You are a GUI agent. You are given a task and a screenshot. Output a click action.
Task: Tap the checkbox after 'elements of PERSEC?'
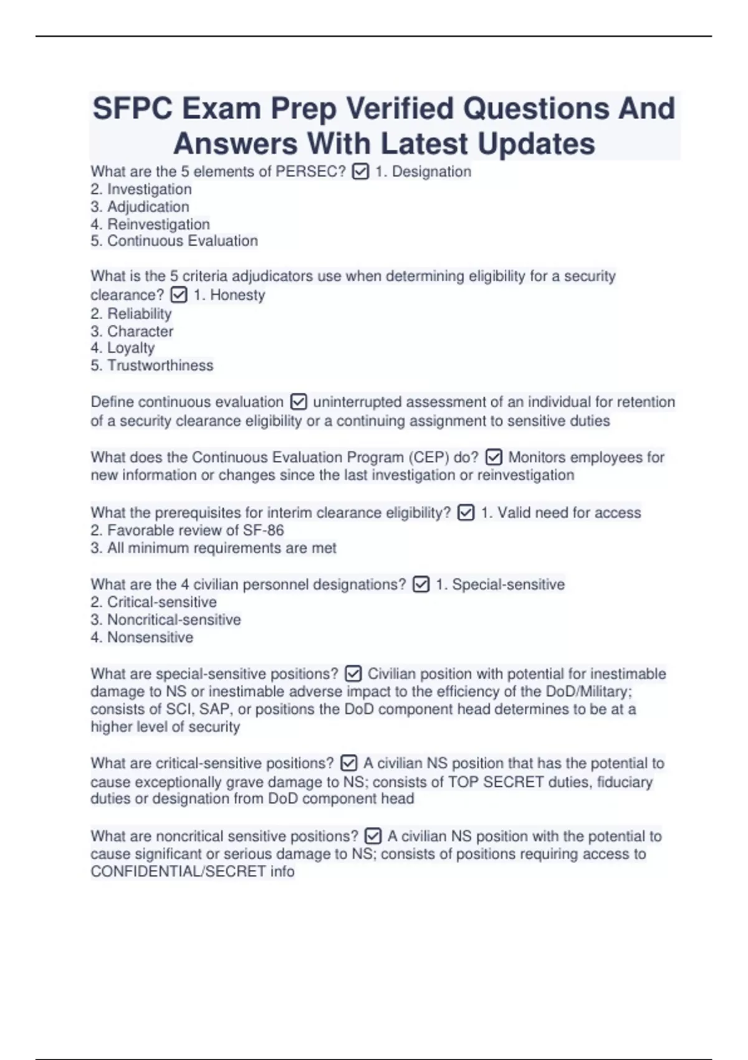[x=360, y=171]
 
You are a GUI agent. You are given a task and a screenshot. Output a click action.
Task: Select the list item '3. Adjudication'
[x=140, y=206]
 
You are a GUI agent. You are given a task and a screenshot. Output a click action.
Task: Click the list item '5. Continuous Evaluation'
[x=174, y=241]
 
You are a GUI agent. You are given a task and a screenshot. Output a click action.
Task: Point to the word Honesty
[x=237, y=295]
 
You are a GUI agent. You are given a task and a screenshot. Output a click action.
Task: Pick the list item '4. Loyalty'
[x=122, y=348]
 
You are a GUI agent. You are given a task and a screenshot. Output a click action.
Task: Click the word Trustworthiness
[x=160, y=365]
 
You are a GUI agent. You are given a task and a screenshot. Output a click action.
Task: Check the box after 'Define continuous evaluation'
[x=299, y=402]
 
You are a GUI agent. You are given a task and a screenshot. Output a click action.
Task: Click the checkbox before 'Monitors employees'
[x=493, y=457]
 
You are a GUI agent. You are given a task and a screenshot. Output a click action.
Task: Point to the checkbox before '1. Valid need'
[x=466, y=513]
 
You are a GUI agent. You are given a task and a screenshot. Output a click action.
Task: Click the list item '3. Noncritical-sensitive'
[x=166, y=620]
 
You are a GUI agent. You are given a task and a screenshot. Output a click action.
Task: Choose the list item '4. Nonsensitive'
[x=142, y=637]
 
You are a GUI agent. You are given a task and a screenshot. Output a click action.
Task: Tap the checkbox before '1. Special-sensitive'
[x=421, y=584]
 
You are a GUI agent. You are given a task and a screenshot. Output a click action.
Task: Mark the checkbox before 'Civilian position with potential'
[x=353, y=674]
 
